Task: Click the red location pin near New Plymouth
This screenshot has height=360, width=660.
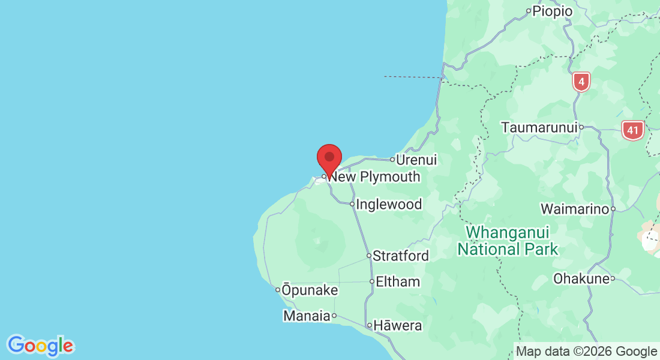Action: pos(329,158)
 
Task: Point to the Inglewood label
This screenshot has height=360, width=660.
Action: pos(389,205)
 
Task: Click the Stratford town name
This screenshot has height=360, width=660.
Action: pos(401,256)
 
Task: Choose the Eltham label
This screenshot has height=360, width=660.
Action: pos(398,282)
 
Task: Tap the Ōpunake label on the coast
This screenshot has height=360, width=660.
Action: pos(310,290)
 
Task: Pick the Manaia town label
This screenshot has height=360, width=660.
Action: pos(307,316)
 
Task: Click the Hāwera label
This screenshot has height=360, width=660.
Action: pos(398,326)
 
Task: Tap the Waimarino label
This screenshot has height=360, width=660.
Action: pos(575,209)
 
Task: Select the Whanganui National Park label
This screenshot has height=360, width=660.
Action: pos(508,241)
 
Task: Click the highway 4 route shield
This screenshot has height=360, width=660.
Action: pos(581,82)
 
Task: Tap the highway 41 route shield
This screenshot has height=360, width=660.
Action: pos(632,130)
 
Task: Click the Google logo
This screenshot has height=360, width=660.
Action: pos(41,346)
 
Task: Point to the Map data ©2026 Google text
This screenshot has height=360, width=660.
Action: pos(587,352)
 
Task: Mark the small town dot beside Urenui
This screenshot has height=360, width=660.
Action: pos(392,160)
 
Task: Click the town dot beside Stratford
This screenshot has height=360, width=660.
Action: pos(369,256)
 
